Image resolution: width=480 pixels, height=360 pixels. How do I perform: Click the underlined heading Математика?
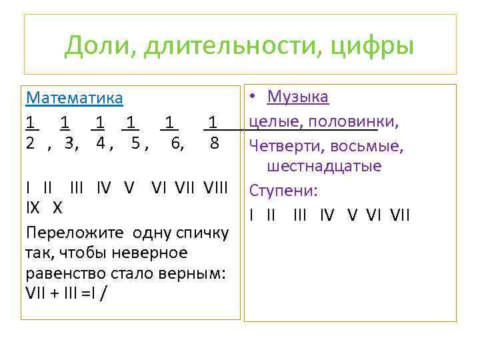coord(74,98)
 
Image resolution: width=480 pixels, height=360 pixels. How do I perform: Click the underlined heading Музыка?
coord(297,97)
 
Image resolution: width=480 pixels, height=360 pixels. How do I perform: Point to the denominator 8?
coord(213,142)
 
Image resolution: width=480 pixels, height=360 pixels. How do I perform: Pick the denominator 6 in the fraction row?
coord(177,142)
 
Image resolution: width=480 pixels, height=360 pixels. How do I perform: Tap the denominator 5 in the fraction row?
coord(136,142)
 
